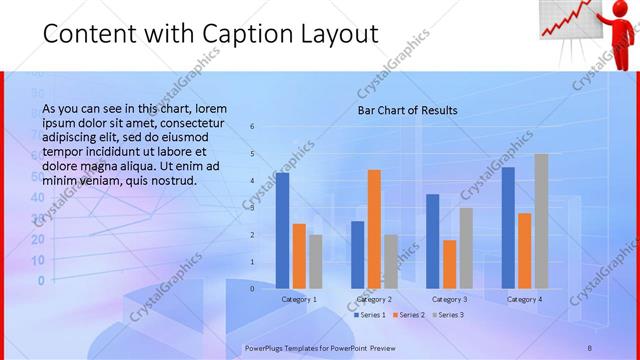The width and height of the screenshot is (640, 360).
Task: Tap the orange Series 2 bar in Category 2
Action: click(x=374, y=229)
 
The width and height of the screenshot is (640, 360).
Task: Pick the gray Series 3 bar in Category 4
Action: click(x=541, y=221)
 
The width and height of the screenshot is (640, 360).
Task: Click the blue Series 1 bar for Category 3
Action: click(x=433, y=241)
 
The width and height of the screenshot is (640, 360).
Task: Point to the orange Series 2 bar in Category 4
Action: click(x=525, y=250)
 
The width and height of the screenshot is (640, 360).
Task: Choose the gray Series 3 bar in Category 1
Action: click(x=315, y=261)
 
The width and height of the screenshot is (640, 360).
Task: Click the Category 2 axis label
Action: click(x=374, y=299)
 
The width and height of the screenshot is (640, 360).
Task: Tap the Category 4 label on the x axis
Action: click(x=524, y=299)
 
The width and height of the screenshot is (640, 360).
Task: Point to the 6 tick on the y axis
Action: click(x=253, y=127)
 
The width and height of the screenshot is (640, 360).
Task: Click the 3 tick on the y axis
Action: click(x=253, y=208)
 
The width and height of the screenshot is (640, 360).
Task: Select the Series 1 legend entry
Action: click(x=370, y=315)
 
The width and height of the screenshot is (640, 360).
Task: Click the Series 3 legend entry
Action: click(x=447, y=315)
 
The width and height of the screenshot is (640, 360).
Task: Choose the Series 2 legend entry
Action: click(x=409, y=315)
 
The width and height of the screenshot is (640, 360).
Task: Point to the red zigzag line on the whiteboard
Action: click(x=565, y=20)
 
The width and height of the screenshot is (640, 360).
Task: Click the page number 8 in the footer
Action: click(x=589, y=348)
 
